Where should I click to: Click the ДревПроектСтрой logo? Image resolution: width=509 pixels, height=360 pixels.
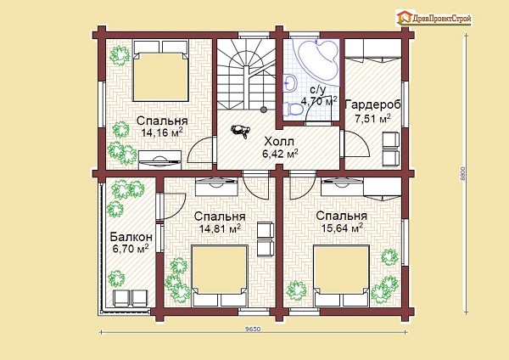pos(433,18)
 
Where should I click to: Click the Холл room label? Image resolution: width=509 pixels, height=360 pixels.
pos(279,142)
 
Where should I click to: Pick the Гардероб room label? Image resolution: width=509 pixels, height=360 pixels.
pos(372,105)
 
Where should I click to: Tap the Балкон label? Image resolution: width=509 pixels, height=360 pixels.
pos(131,237)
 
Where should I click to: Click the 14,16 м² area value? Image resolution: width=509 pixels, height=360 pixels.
pos(162,132)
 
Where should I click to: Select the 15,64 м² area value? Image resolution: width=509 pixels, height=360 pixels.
pos(342,228)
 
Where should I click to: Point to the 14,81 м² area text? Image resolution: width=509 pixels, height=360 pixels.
pos(220,228)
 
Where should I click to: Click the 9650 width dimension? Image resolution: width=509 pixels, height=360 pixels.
pos(253,329)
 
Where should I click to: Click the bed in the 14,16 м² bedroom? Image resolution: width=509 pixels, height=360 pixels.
pos(161,70)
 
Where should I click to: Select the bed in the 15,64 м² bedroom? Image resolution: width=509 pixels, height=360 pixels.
pos(342,276)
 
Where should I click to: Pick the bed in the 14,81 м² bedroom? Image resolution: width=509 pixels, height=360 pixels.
pos(220,276)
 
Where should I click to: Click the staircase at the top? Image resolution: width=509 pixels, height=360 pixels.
pos(246,74)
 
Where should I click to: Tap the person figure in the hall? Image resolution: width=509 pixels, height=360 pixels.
pos(240,131)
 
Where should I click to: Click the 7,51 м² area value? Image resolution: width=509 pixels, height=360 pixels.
pos(372,118)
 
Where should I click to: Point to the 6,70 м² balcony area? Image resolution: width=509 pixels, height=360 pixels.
pos(131,249)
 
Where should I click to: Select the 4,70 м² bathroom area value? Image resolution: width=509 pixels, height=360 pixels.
pos(320,101)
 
